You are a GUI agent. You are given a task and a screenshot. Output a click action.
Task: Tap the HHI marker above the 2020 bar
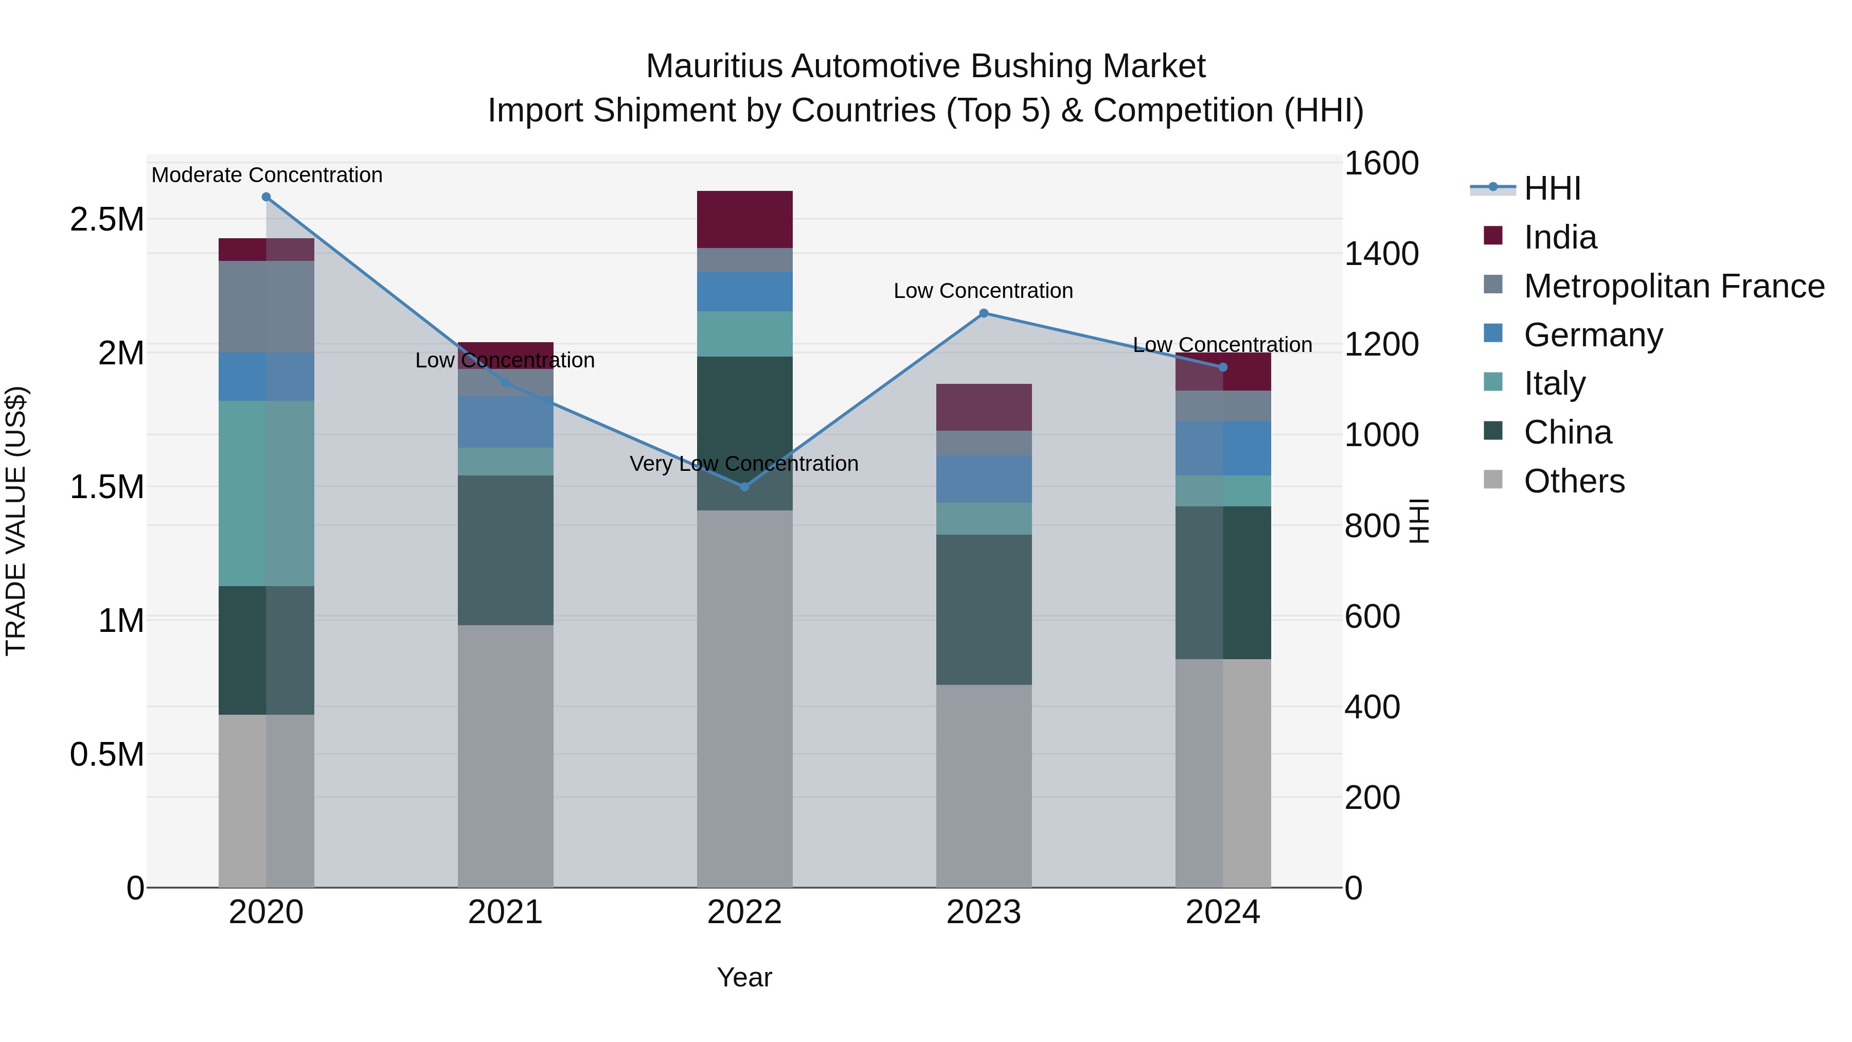click(266, 197)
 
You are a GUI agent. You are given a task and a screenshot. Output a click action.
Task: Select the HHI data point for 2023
click(984, 313)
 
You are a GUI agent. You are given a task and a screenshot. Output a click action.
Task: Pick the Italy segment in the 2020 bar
click(266, 493)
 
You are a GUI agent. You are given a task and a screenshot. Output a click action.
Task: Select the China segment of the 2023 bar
click(984, 609)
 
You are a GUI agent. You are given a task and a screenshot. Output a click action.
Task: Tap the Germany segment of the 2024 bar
click(1222, 448)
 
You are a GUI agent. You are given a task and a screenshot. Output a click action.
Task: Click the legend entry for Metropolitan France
click(1673, 286)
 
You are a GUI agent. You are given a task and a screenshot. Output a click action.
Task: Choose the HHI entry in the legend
click(1552, 188)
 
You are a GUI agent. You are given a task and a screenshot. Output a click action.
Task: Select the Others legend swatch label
click(1574, 481)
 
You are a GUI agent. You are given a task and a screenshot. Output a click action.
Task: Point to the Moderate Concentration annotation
click(266, 175)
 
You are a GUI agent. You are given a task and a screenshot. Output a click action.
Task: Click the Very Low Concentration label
click(744, 464)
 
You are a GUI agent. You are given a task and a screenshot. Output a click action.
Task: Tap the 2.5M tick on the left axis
click(107, 219)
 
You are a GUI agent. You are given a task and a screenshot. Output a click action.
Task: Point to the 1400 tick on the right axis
click(1381, 254)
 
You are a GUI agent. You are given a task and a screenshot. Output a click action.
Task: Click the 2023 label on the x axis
click(984, 912)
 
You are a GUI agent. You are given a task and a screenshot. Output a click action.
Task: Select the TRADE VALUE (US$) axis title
click(16, 521)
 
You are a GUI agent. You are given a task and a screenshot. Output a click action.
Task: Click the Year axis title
click(744, 977)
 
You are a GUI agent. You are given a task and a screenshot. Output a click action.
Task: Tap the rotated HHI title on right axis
click(1418, 521)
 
